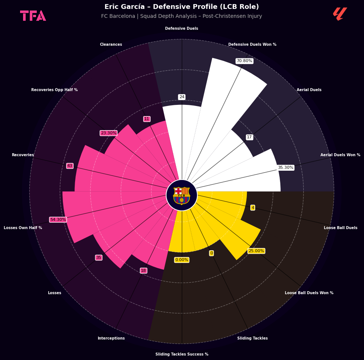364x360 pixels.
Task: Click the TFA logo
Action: pyautogui.click(x=33, y=16)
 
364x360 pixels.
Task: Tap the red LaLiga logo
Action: pyautogui.click(x=340, y=14)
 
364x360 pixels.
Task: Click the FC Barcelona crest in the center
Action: pyautogui.click(x=181, y=196)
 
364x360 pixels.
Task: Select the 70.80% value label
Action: pyautogui.click(x=244, y=61)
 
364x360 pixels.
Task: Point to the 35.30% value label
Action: pyautogui.click(x=286, y=167)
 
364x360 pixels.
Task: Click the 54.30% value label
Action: pyautogui.click(x=58, y=219)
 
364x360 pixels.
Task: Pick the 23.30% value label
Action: pyautogui.click(x=109, y=133)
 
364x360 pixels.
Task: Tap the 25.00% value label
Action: pyautogui.click(x=256, y=251)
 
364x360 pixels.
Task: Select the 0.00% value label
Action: pyautogui.click(x=182, y=260)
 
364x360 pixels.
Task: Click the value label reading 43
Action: pyautogui.click(x=70, y=165)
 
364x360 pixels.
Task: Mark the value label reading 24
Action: pyautogui.click(x=182, y=97)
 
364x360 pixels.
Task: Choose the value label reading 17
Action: pyautogui.click(x=249, y=137)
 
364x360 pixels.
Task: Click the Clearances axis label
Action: pyautogui.click(x=111, y=44)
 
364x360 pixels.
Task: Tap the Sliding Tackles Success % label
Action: pyautogui.click(x=182, y=354)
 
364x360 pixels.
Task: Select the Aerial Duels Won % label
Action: pyautogui.click(x=340, y=155)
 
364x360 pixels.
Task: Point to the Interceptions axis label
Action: pyautogui.click(x=111, y=338)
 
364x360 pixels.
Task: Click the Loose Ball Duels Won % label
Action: pyautogui.click(x=309, y=293)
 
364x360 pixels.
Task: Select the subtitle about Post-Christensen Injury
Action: pyautogui.click(x=181, y=16)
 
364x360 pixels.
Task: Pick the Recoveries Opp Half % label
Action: pyautogui.click(x=54, y=90)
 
